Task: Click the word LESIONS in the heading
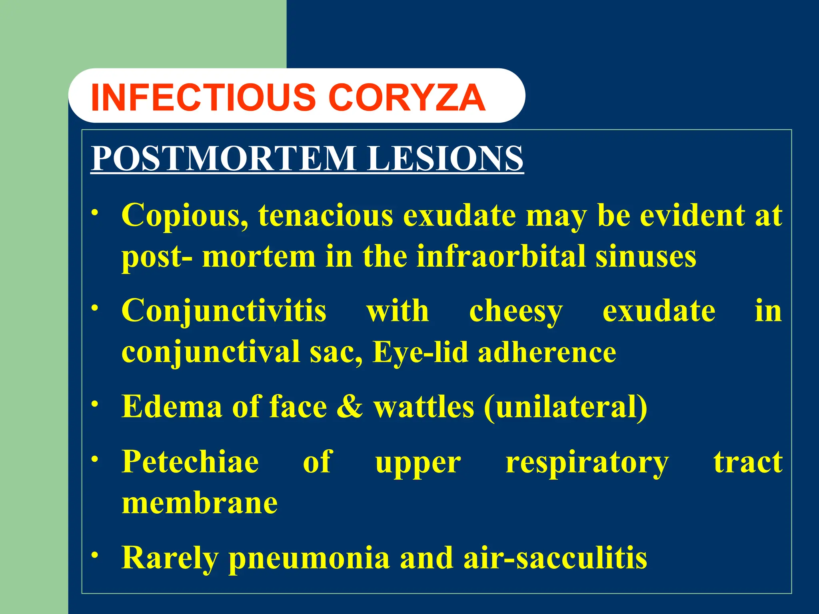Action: [445, 159]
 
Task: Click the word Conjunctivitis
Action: [224, 311]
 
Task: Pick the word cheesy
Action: [516, 311]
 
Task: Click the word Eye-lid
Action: [420, 352]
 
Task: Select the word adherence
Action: [547, 352]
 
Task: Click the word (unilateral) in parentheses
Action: [565, 407]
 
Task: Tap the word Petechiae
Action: [190, 462]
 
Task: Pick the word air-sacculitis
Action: [555, 558]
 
